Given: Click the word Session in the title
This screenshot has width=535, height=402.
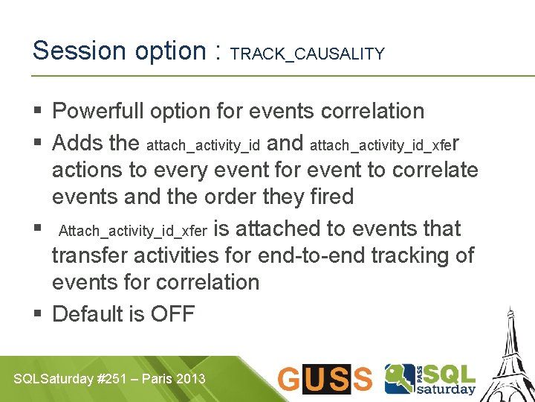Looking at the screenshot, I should pyautogui.click(x=80, y=51).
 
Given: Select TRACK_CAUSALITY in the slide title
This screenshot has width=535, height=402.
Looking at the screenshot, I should pyautogui.click(x=308, y=54).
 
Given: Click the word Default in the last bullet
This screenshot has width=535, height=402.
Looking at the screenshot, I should pyautogui.click(x=86, y=313).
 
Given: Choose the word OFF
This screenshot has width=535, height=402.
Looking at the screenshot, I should pyautogui.click(x=172, y=313).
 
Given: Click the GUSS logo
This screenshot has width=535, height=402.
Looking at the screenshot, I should pyautogui.click(x=325, y=379).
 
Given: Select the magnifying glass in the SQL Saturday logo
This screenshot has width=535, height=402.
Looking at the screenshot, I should pyautogui.click(x=400, y=377).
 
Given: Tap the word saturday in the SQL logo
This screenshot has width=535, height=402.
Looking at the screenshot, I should pyautogui.click(x=447, y=388).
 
